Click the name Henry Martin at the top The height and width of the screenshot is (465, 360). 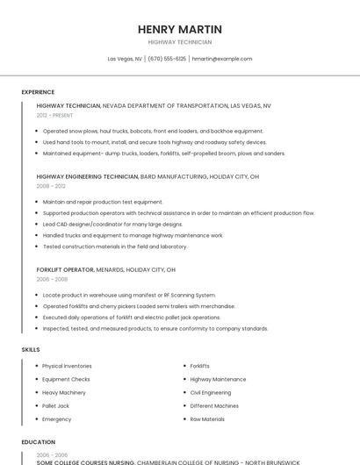pos(180,29)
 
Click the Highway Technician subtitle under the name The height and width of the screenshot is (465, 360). pos(180,42)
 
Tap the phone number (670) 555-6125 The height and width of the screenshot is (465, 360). pos(167,59)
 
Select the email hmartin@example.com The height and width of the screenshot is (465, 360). pos(222,59)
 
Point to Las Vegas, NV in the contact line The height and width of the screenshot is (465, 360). pos(125,59)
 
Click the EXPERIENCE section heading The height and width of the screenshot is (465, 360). pos(38,92)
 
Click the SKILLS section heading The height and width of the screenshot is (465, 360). pos(31,350)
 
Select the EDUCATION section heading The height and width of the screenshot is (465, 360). pos(39,442)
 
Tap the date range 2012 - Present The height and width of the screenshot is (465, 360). pos(55,115)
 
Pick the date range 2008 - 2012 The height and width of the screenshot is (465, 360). pos(51,186)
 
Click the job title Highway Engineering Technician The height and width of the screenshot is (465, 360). pos(87,176)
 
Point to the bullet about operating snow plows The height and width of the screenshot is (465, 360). pos(153,131)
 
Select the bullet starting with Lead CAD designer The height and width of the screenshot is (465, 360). pos(112,224)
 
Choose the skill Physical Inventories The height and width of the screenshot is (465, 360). pos(67,366)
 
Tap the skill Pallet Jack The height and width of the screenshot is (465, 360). pos(55,406)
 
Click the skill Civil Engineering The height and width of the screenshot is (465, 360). pos(211,392)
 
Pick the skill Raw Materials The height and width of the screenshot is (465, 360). pos(207,419)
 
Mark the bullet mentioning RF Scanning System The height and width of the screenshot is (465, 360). pos(129,295)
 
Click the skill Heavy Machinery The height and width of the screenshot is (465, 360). pos(64,392)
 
